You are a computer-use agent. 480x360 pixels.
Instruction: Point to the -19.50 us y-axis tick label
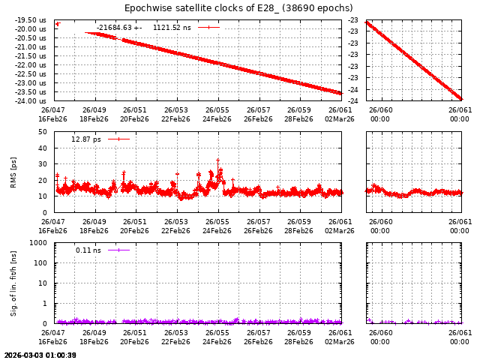pos(31,20)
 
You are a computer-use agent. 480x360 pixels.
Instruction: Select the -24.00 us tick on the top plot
pos(31,100)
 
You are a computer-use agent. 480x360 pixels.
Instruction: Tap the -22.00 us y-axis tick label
pos(31,64)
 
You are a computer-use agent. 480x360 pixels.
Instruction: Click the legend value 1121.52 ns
pos(172,28)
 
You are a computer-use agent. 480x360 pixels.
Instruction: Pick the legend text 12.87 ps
pos(85,139)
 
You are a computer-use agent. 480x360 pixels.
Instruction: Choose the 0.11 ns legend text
pos(88,250)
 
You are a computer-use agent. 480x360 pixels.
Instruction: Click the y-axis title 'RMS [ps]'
pos(13,172)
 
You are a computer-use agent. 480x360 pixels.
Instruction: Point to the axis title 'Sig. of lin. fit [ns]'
pos(13,283)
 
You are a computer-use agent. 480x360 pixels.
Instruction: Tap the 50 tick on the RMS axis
pos(43,132)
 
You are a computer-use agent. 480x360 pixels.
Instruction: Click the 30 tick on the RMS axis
pos(43,164)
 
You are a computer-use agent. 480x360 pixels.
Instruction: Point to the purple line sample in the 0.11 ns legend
pos(118,250)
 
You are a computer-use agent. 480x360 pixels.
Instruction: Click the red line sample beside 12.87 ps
pos(118,139)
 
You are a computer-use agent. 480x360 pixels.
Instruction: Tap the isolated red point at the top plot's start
pos(57,24)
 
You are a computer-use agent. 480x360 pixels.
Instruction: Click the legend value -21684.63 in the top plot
pos(114,28)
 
